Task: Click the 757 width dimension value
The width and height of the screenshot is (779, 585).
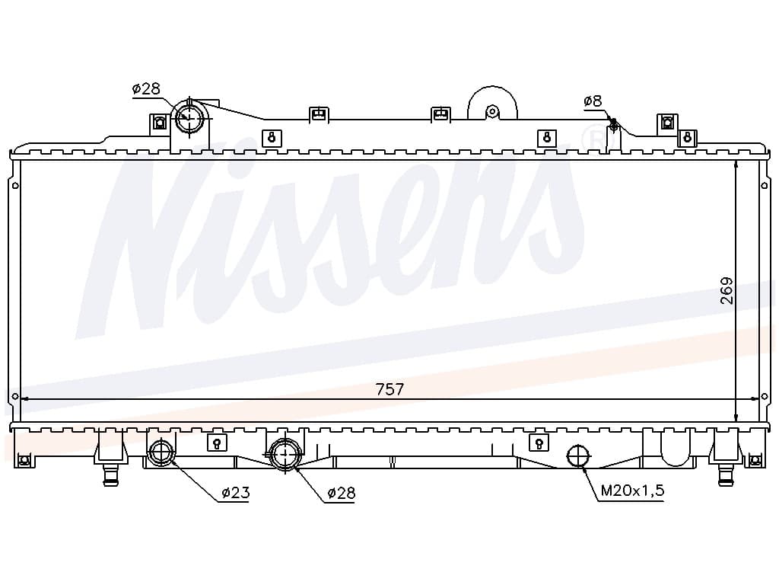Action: point(390,389)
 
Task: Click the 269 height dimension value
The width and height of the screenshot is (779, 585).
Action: point(727,290)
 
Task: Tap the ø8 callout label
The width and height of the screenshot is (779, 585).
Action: point(593,101)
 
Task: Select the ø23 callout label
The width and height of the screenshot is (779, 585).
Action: point(236,493)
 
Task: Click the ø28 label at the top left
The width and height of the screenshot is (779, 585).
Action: point(146,89)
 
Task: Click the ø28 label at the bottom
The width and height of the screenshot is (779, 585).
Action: point(342,493)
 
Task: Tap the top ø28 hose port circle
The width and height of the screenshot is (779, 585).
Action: point(189,117)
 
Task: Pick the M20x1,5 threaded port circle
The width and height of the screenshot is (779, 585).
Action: point(578,456)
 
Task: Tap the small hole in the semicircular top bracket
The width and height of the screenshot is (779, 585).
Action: point(492,111)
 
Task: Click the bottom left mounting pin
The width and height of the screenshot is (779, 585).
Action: point(110,475)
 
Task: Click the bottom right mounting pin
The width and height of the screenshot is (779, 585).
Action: point(727,475)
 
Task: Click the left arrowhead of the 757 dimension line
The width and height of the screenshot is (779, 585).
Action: point(26,398)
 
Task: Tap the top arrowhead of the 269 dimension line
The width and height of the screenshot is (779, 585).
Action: point(736,166)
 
